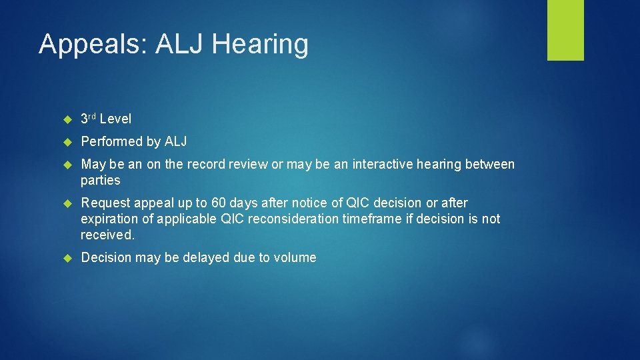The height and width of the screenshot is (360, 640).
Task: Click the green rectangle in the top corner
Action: (x=565, y=30)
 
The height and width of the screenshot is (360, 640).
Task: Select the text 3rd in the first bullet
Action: (x=88, y=119)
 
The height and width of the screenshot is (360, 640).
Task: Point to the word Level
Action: (x=115, y=119)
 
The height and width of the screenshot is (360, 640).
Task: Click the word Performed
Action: (x=111, y=141)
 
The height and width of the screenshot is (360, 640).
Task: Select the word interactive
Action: (x=375, y=164)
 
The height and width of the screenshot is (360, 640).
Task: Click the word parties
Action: (x=101, y=181)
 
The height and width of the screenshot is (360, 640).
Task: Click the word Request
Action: (x=105, y=203)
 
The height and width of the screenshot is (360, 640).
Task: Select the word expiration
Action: (x=109, y=219)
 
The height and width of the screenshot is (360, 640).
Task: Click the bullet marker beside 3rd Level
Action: (x=67, y=119)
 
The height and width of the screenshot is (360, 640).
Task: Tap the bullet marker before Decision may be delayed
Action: (x=67, y=257)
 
